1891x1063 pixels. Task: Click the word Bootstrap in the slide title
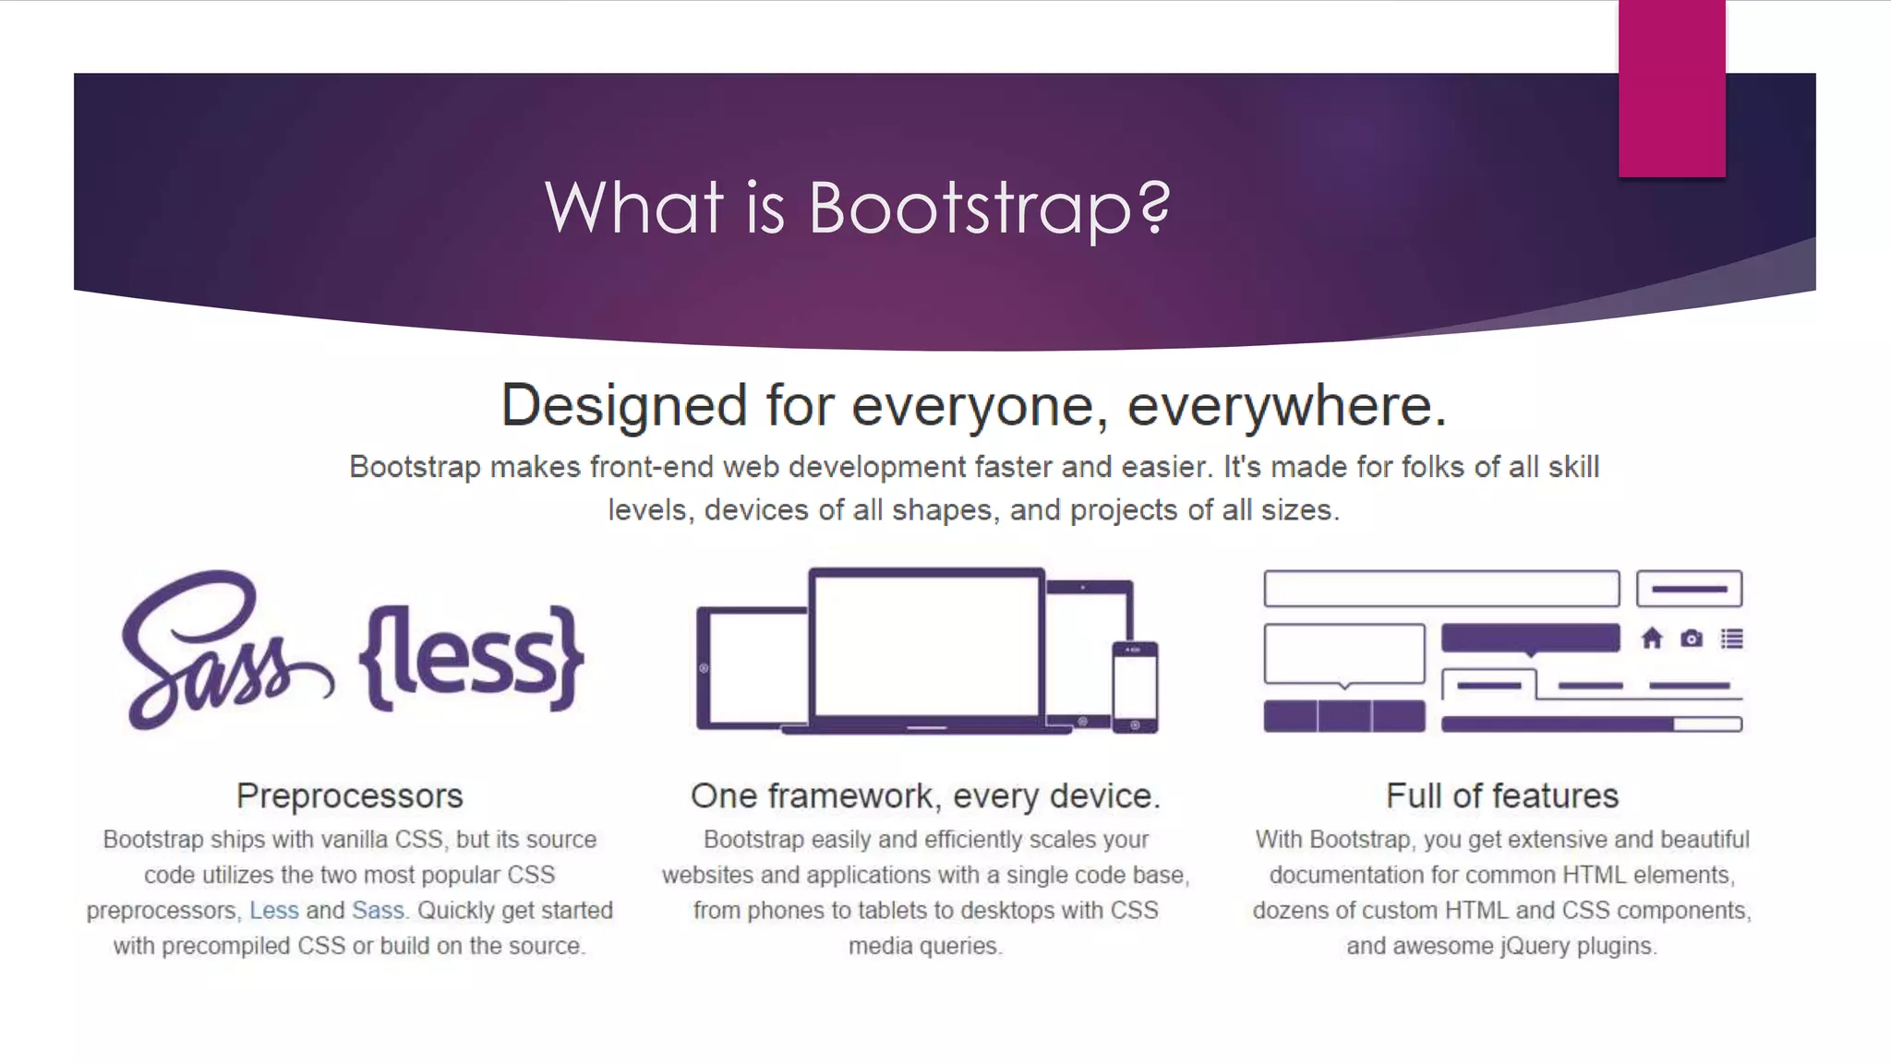click(970, 207)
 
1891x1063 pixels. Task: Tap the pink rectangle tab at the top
click(1671, 89)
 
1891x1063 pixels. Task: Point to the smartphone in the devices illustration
click(1135, 687)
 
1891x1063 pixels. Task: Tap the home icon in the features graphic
click(1652, 639)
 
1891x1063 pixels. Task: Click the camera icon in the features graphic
click(1692, 639)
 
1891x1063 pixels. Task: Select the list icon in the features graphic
click(1732, 639)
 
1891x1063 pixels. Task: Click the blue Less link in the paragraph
click(274, 911)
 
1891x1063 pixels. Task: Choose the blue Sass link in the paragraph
click(378, 911)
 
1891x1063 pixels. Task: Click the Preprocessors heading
click(349, 795)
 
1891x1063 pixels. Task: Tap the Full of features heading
click(1502, 795)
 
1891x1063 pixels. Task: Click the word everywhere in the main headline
click(1286, 406)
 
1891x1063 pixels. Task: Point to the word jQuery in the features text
click(1537, 946)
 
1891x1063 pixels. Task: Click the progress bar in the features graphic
click(1591, 724)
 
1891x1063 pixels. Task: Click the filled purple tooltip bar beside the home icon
click(1530, 638)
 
